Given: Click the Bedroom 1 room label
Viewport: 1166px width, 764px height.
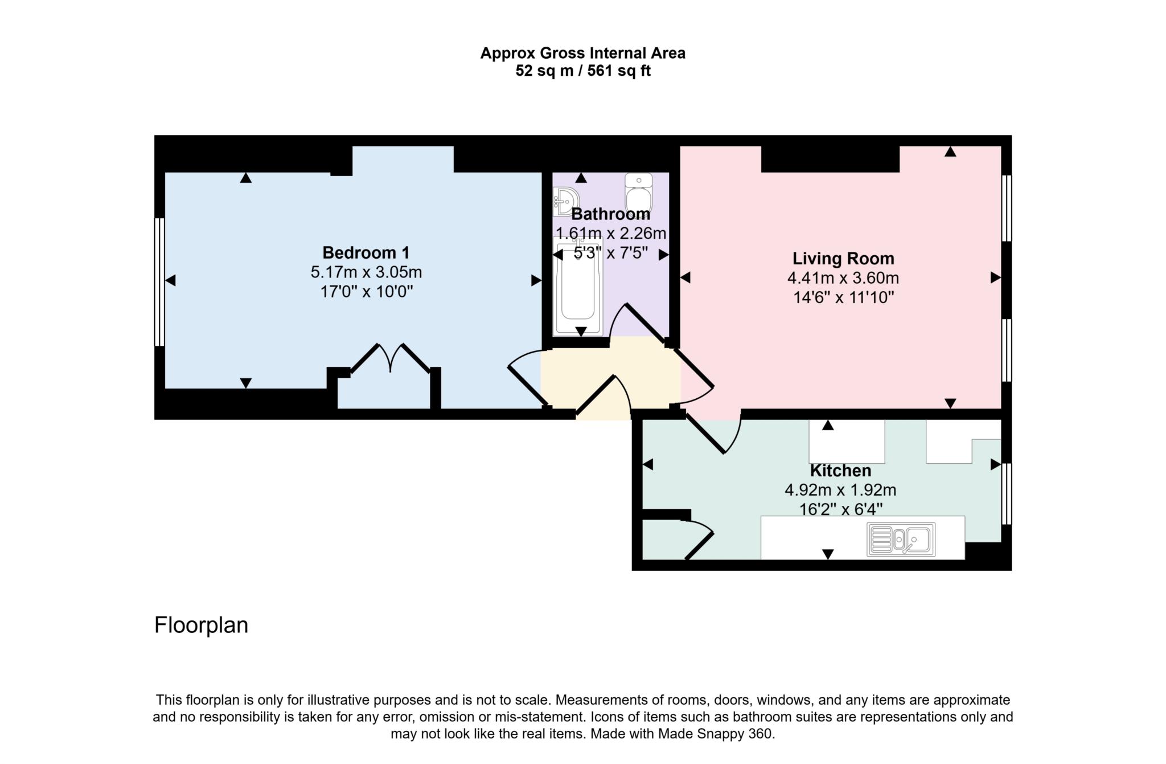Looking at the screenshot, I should pos(366,252).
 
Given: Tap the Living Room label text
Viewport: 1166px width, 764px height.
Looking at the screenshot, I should pos(843,259).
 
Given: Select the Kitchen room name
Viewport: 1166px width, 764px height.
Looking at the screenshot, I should pos(840,471).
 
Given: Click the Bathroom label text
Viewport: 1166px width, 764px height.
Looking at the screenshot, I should pos(610,214).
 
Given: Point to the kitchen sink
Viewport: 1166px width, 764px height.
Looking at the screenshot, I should pos(901,540).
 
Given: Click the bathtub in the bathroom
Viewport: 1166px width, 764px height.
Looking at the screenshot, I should pos(577,288).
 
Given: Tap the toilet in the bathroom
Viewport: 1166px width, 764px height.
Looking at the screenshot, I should pos(639,191).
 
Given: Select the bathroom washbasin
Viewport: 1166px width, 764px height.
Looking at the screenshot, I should pos(566,201).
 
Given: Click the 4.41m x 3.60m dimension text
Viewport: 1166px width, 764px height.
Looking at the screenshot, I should pos(843,278).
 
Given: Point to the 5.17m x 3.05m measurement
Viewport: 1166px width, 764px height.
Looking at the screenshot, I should pos(366,272).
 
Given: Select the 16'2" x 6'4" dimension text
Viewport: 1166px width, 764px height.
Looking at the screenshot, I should pos(840,509).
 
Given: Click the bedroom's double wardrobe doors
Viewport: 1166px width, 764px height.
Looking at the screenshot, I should pos(391,358).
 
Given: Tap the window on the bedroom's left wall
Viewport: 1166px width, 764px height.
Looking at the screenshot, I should pos(159,282).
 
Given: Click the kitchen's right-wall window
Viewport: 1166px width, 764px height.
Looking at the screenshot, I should pos(1006,494).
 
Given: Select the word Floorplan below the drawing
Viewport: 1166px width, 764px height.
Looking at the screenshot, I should pos(201,625).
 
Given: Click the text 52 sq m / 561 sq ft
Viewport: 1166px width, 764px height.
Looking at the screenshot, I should pos(582,71).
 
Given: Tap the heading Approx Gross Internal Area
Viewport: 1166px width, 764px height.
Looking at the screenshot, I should pos(582,53).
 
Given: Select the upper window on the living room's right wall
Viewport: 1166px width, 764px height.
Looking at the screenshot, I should pos(1006,208).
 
